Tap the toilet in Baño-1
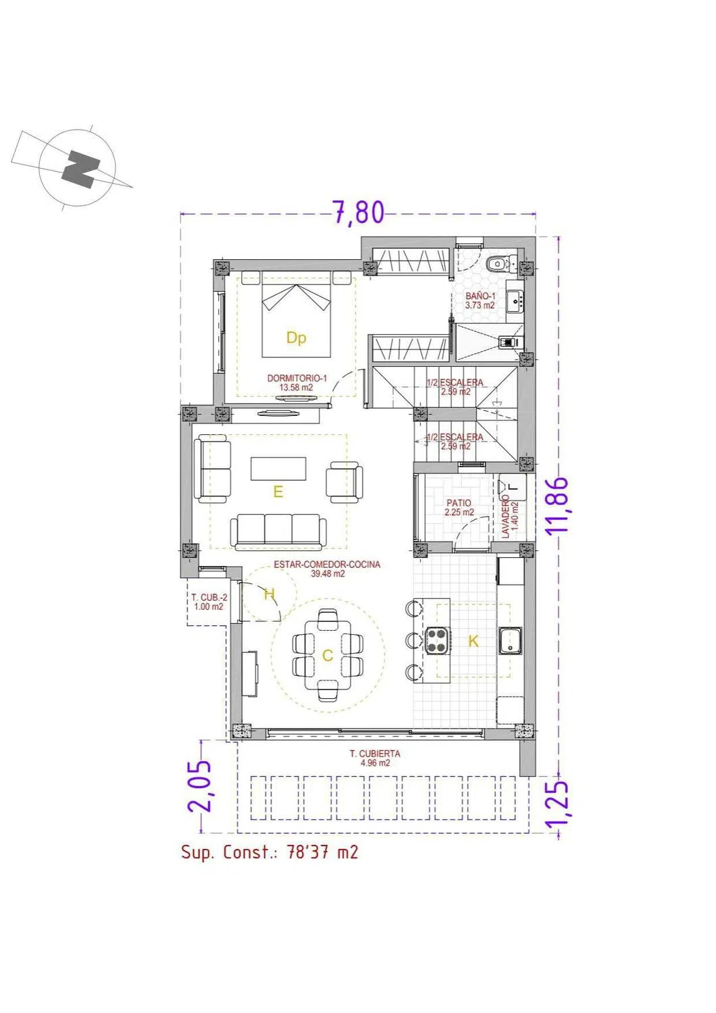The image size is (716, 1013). [501, 263]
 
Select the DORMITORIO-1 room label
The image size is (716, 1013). [297, 378]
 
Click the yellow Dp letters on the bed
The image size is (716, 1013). [297, 338]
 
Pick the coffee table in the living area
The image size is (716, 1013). [278, 469]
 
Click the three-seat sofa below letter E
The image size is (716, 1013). [278, 531]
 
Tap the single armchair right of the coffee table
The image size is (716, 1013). [344, 482]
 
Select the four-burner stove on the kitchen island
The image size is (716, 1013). [438, 640]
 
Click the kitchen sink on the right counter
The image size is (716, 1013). [510, 641]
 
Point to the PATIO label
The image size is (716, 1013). [459, 503]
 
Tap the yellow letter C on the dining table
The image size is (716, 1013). [328, 656]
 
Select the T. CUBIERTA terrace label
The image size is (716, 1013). [374, 754]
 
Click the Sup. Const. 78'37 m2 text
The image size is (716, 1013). [270, 852]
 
